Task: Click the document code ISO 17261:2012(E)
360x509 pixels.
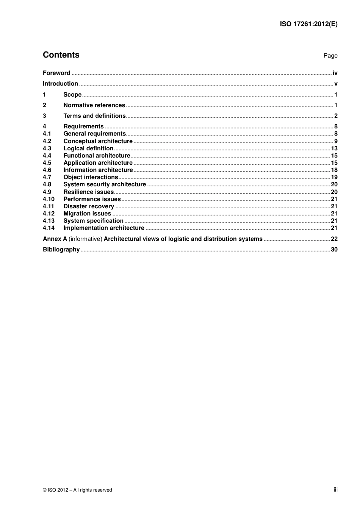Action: coord(308,24)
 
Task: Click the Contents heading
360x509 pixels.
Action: coord(61,55)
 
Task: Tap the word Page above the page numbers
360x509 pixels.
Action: coord(330,56)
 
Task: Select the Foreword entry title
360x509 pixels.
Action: coord(56,73)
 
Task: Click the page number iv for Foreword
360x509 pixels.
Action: coord(335,73)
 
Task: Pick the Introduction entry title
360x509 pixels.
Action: coord(60,84)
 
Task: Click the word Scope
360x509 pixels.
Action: coord(72,95)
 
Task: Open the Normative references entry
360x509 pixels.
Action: coord(94,105)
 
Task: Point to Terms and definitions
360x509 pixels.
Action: coord(94,116)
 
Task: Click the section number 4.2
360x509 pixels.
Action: coord(47,141)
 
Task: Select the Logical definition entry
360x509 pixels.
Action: coord(88,148)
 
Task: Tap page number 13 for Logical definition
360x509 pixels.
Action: coord(334,148)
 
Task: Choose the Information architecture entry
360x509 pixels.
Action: coord(98,170)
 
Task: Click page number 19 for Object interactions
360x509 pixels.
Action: coord(334,177)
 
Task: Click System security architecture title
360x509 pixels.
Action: coord(105,184)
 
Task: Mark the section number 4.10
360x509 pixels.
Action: coord(49,199)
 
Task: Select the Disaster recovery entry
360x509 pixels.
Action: coord(89,206)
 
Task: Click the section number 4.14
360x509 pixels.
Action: coord(49,228)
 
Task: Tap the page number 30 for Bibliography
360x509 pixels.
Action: coord(334,250)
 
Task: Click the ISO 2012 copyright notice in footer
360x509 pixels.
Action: coord(77,490)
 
